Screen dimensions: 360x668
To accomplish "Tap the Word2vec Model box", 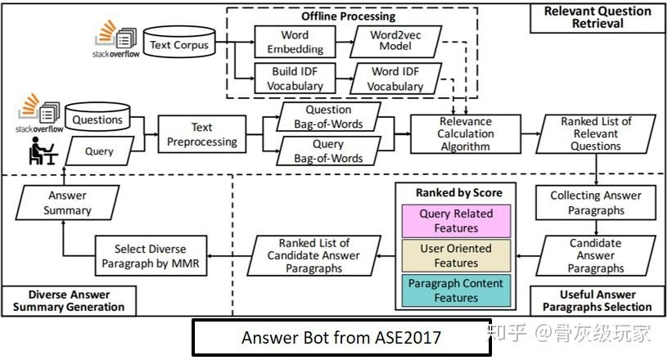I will [396, 42].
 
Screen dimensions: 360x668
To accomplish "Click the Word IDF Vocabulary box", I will [396, 79].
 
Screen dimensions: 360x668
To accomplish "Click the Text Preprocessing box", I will [201, 135].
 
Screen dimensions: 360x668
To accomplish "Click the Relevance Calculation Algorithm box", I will [464, 134].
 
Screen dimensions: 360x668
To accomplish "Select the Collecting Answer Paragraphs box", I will [596, 203].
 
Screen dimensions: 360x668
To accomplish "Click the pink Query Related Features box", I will [454, 219].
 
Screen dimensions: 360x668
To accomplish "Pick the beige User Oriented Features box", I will [454, 256].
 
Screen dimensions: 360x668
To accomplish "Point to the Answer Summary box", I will [67, 203].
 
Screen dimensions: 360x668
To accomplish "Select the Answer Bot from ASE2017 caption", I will [341, 337].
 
